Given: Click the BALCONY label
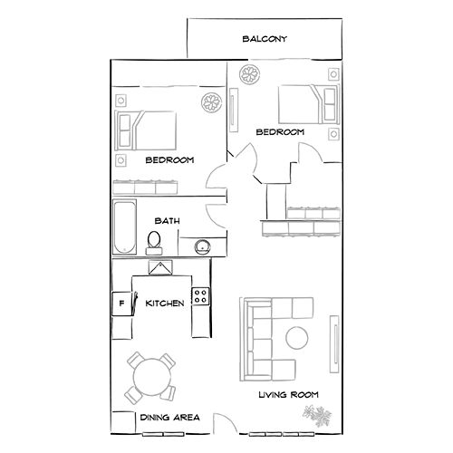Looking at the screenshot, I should [265, 39].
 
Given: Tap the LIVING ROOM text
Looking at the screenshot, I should [289, 395].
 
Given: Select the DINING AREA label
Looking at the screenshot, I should [169, 418].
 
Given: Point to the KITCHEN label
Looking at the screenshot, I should [165, 303].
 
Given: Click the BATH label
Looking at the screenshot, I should [167, 220].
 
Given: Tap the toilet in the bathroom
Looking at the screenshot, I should [154, 240].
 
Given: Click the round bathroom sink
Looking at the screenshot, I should [202, 245].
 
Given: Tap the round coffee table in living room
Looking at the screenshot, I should [298, 338].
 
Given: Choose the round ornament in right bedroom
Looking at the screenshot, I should [249, 73].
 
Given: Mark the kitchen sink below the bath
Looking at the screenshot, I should [160, 268].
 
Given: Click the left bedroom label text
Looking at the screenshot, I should [169, 159].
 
